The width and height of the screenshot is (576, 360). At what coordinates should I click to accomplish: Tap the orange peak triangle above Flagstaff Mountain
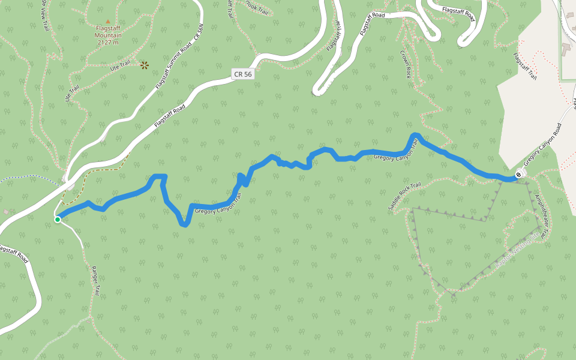pos(108,22)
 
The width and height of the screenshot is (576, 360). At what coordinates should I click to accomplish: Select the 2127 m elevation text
pos(108,42)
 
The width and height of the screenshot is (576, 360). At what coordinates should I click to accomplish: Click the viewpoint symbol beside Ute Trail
pos(144,64)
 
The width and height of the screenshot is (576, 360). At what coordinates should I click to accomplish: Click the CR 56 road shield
pos(242,74)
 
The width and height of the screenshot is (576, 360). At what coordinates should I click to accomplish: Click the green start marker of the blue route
pos(58,220)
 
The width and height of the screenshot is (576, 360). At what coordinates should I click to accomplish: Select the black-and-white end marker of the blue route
pos(518,175)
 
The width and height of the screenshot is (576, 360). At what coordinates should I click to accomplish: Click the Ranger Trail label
pos(95,281)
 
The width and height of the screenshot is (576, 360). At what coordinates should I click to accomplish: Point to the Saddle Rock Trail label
pos(404,196)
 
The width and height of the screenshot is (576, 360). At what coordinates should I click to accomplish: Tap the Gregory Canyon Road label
pos(542,145)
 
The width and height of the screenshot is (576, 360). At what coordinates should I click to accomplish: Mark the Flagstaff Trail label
pos(524,66)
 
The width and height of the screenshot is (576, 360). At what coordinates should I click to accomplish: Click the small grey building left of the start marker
pos(5,212)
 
